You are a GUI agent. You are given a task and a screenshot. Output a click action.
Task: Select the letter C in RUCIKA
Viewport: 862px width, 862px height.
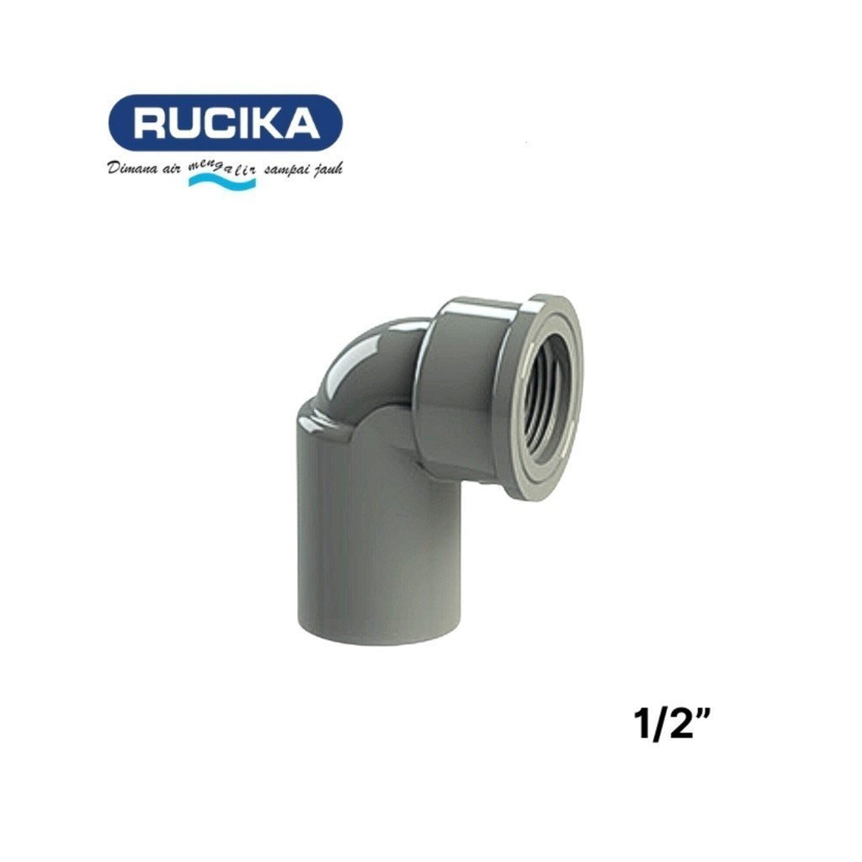pos(226,124)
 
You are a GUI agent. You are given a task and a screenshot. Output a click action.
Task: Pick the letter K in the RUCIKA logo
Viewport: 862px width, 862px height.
pos(274,124)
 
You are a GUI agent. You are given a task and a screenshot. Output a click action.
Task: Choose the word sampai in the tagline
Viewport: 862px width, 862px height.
pos(286,170)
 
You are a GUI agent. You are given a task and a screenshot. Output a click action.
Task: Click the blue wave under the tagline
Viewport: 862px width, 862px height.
pos(221,182)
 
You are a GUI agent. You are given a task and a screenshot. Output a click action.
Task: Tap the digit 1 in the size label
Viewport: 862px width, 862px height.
pos(640,725)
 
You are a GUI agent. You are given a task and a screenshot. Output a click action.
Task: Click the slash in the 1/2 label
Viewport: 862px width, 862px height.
pos(657,725)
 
